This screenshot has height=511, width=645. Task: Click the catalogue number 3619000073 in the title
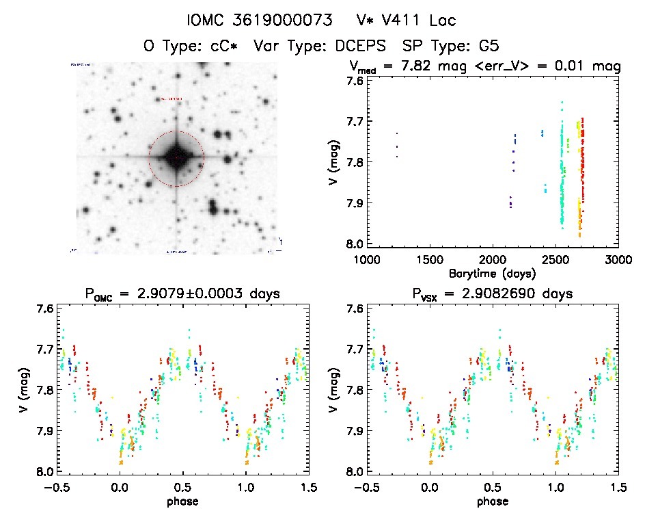pyautogui.click(x=278, y=21)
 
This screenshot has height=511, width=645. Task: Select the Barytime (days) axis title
pyautogui.click(x=491, y=273)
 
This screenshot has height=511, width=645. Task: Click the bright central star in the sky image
pyautogui.click(x=176, y=157)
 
